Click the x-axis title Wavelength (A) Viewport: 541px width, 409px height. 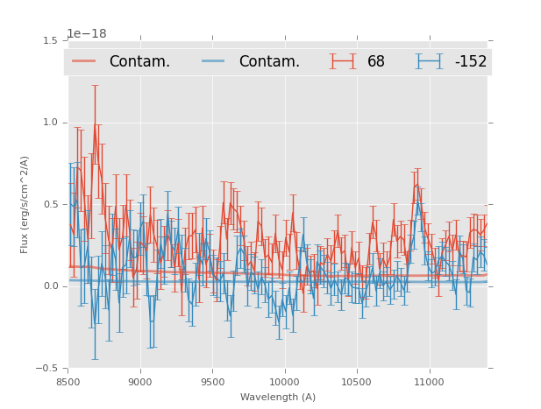[x=278, y=397]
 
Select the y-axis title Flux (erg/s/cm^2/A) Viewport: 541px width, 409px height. [x=25, y=204]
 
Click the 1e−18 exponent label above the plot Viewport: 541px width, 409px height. [x=87, y=33]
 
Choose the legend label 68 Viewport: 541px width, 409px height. [x=376, y=61]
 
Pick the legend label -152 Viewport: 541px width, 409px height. [x=470, y=61]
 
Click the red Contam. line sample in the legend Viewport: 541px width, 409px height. [x=84, y=61]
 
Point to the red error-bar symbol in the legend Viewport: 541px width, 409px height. [x=344, y=61]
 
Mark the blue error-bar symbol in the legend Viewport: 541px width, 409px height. [x=430, y=61]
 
